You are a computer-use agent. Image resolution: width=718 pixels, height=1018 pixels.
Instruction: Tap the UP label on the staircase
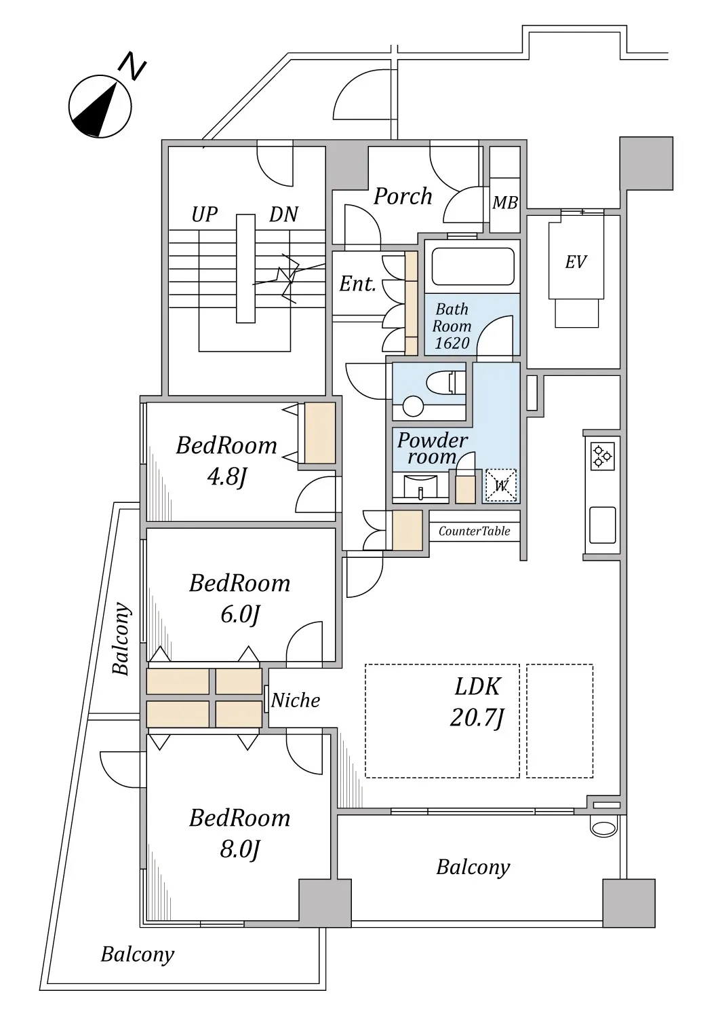204,214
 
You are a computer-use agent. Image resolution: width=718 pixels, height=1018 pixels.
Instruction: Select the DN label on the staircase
284,214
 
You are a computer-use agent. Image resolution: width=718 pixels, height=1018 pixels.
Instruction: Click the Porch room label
403,196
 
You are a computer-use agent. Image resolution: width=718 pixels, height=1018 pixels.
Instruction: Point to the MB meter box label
505,203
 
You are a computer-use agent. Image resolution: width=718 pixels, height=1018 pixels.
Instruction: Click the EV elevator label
576,262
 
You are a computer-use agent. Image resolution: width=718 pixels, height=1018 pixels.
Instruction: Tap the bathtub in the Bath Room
473,266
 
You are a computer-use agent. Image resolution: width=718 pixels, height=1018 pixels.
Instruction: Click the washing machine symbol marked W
500,485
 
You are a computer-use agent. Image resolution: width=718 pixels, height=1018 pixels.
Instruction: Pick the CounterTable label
474,531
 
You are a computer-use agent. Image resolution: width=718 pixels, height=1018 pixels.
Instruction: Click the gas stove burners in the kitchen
602,456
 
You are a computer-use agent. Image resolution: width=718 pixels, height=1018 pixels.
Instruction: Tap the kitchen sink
602,525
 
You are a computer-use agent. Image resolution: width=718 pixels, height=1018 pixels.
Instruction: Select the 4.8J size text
226,478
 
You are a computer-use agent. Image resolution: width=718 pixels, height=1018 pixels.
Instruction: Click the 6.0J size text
240,615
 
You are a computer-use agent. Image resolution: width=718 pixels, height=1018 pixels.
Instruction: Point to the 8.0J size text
240,849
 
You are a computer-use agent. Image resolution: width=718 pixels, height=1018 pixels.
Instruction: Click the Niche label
296,700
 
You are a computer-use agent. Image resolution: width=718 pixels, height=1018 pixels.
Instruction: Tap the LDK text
477,686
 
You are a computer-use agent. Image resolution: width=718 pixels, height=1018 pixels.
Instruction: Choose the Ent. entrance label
358,284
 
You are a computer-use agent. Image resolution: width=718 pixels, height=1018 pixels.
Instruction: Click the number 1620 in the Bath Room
452,343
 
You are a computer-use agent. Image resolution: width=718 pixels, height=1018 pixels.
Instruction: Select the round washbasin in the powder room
413,407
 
